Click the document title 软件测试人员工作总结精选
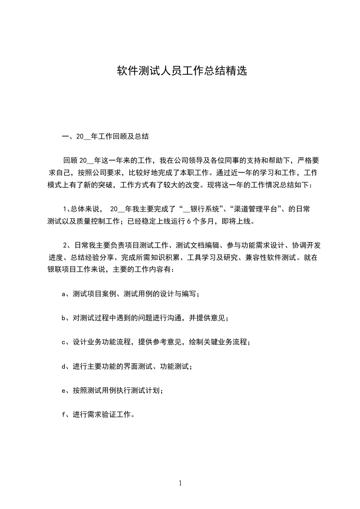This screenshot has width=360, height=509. tap(182, 71)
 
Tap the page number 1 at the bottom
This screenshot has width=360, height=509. tap(180, 483)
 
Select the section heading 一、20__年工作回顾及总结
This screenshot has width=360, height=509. tap(105, 136)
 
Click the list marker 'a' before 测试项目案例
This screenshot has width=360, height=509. tap(64, 294)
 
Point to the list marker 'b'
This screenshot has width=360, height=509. tap(64, 318)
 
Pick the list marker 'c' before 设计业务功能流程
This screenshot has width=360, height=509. tap(64, 342)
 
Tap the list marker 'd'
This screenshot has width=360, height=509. tap(64, 366)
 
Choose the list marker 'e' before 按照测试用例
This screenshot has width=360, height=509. tap(64, 390)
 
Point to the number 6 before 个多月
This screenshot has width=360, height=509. tap(188, 221)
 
